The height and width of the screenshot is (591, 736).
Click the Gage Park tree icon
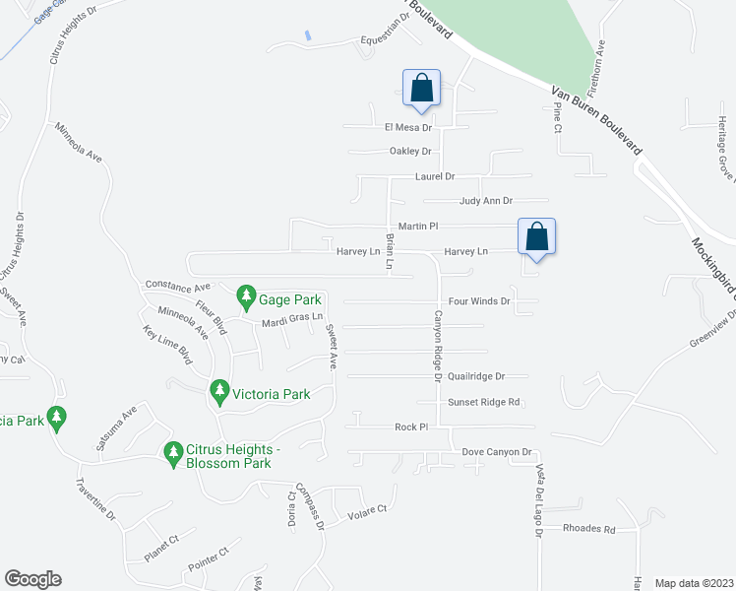(245, 295)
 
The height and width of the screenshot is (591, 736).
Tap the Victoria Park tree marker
(219, 394)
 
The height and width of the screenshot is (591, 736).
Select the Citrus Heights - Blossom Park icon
(173, 454)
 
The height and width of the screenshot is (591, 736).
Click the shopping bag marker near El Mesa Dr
(421, 88)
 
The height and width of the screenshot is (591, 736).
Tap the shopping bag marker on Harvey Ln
(536, 237)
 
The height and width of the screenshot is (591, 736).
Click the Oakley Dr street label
(410, 152)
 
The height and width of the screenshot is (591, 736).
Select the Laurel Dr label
(435, 176)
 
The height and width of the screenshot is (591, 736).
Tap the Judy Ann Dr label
(486, 201)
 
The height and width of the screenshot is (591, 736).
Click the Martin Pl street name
(416, 227)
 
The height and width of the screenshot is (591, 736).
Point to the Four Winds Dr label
(478, 301)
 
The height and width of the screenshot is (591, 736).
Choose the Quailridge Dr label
(476, 376)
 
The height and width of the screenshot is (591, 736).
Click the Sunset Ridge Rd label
(483, 402)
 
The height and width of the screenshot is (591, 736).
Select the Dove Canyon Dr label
(497, 452)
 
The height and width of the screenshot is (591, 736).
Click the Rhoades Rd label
(588, 528)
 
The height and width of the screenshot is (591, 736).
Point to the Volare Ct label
(368, 510)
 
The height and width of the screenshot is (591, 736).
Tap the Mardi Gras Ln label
(292, 321)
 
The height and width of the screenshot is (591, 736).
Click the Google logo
(32, 579)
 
